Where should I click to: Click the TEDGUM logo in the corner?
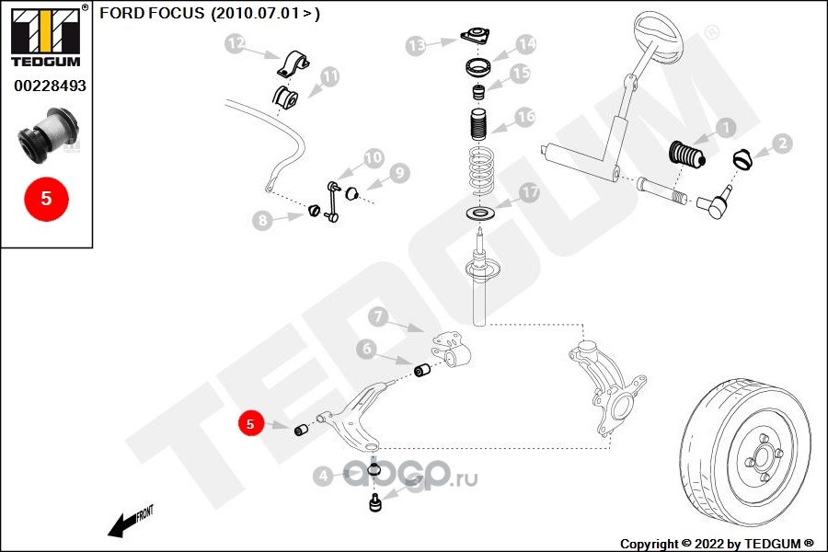(46, 36)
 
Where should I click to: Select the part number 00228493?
(50, 86)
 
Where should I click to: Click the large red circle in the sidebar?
(47, 199)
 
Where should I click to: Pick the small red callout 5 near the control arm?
(250, 423)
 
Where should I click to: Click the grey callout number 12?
(235, 43)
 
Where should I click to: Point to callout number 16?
(525, 117)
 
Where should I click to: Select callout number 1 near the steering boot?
(726, 127)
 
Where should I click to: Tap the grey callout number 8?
(262, 220)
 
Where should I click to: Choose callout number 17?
(529, 192)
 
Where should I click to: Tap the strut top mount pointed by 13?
(475, 36)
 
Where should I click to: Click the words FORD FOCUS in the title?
(152, 13)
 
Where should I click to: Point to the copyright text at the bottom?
(717, 544)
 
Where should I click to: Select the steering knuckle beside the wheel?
(607, 385)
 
